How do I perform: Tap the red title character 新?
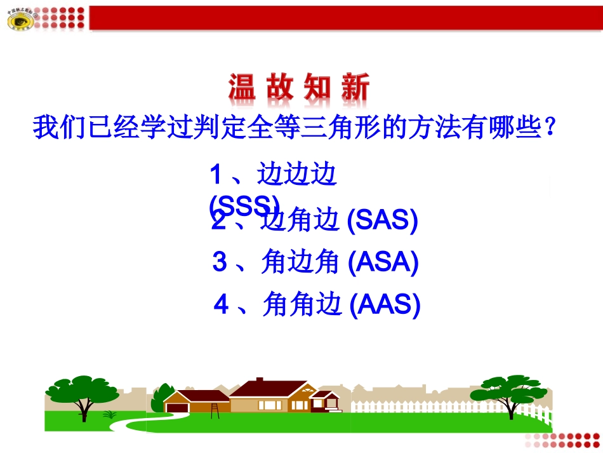354,88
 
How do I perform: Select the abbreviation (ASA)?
383,262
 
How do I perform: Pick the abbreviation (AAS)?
385,306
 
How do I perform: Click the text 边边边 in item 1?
296,174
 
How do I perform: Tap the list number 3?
220,262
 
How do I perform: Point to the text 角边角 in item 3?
302,262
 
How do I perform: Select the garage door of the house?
177,406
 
